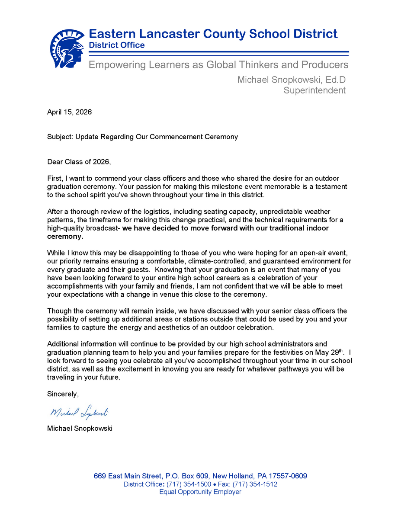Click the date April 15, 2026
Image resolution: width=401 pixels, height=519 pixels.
pos(69,112)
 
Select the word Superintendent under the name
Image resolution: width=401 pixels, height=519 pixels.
pos(314,90)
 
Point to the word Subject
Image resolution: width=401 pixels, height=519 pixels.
pos(60,137)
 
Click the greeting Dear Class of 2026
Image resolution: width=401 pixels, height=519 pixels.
pos(79,162)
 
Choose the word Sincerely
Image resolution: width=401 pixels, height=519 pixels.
pos(63,394)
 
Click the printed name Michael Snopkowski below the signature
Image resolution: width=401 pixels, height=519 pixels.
pos(80,429)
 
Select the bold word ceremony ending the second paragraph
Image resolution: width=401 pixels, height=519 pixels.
pos(64,237)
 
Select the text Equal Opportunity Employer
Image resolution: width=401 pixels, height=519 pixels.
pos(200,492)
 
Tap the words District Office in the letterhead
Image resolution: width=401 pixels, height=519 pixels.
pos(117,45)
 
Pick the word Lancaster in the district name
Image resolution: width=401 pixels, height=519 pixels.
pos(177,34)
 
